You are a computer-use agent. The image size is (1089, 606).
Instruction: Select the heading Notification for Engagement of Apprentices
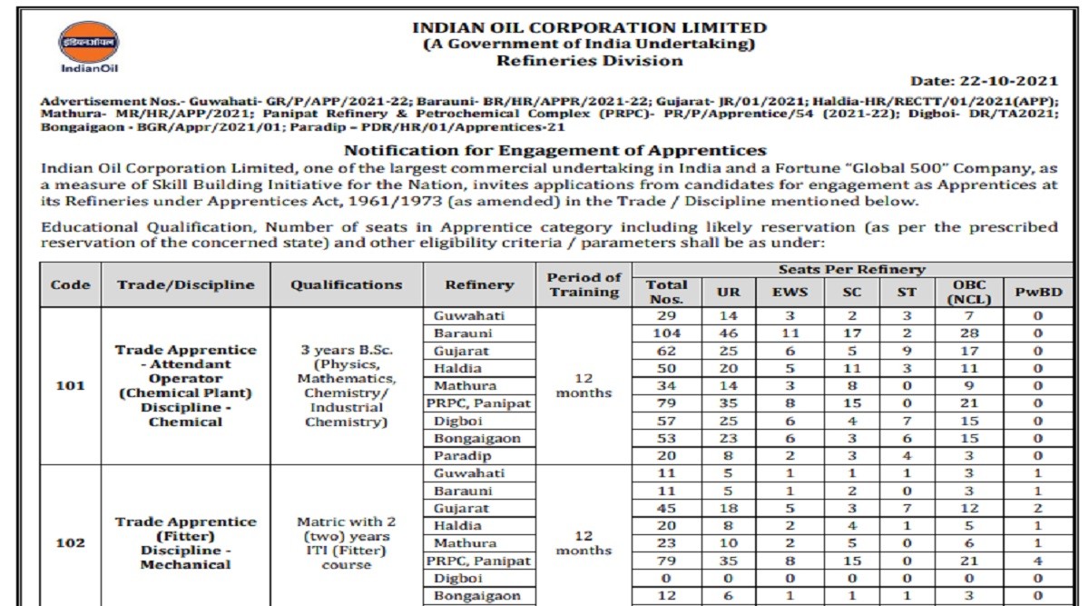[555, 150]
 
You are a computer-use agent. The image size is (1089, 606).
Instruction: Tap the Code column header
[70, 284]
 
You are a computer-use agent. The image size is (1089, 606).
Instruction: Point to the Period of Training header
[584, 284]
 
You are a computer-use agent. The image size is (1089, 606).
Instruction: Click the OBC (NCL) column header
[969, 292]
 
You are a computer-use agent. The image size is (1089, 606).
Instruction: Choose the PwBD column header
[1037, 292]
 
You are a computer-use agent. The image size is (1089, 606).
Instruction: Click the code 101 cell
[70, 385]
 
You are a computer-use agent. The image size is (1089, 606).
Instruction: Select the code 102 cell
[70, 542]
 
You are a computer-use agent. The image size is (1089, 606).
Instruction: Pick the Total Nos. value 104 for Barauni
[666, 333]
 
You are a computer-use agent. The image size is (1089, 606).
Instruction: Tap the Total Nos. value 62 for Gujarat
[666, 351]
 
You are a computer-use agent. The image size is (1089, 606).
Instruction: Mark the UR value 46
[722, 333]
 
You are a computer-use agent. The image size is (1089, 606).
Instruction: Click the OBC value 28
[969, 333]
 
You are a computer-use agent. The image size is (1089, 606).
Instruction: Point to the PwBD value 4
[1037, 560]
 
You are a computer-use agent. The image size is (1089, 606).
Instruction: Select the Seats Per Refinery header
[851, 269]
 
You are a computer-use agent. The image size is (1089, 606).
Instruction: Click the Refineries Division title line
[589, 61]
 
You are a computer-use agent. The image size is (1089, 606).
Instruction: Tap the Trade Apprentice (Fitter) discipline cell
[185, 542]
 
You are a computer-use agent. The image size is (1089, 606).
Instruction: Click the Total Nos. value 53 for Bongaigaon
[666, 438]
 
